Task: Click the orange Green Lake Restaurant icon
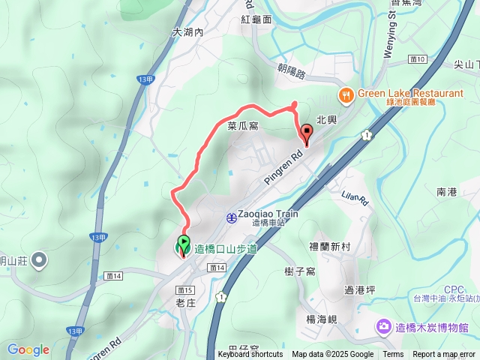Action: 346,94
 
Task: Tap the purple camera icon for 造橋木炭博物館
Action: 383,327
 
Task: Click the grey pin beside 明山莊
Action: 39,261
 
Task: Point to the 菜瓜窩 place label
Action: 243,127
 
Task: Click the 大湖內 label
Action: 187,32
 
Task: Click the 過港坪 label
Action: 358,290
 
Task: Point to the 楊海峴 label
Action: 322,319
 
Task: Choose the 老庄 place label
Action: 185,303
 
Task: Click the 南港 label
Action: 446,193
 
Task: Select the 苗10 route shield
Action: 418,58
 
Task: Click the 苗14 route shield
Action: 217,268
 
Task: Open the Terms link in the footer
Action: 393,354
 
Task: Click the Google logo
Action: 28,349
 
